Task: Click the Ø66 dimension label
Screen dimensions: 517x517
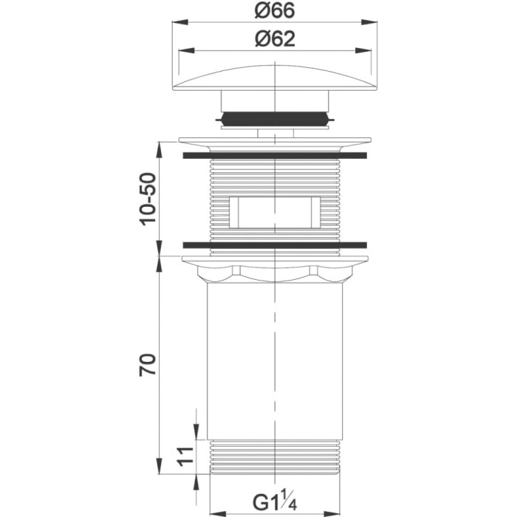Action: pyautogui.click(x=275, y=10)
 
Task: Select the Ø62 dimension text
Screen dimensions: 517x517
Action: pyautogui.click(x=275, y=39)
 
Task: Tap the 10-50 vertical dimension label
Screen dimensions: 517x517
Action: pyautogui.click(x=148, y=199)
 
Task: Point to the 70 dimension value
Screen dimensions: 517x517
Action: pyautogui.click(x=148, y=365)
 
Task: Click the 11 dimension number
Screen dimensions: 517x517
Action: pyautogui.click(x=185, y=456)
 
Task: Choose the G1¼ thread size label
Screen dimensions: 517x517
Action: pyautogui.click(x=275, y=503)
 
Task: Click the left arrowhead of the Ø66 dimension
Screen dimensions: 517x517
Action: pyautogui.click(x=180, y=22)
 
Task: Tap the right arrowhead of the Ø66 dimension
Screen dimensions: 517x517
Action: pyautogui.click(x=369, y=22)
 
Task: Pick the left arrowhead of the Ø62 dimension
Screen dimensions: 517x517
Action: pyautogui.click(x=186, y=50)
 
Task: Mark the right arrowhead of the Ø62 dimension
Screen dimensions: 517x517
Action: pyautogui.click(x=363, y=50)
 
